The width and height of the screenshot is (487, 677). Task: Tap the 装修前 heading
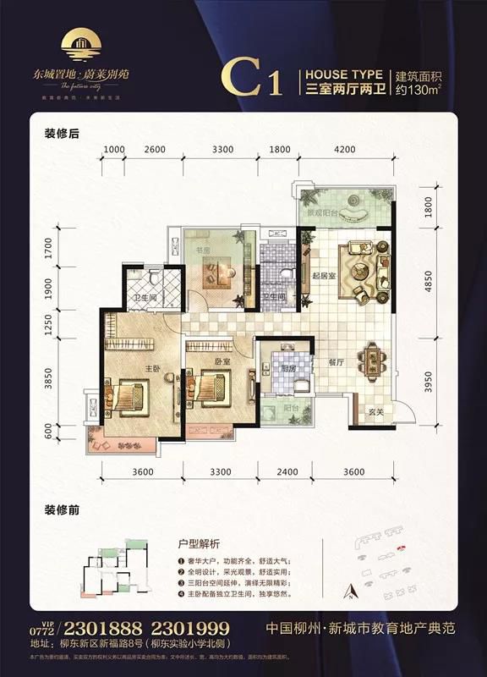click(x=60, y=510)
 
